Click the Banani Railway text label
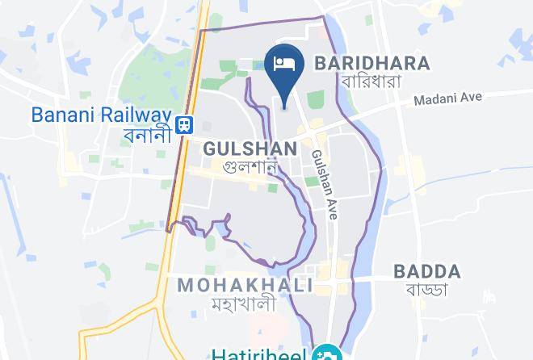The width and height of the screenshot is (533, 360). tap(102, 114)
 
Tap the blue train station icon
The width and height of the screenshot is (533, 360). tap(186, 123)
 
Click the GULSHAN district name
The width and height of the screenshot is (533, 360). tap(251, 149)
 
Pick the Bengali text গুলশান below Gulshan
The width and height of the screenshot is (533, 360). tap(251, 169)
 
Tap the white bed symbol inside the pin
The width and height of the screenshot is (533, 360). tap(284, 62)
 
